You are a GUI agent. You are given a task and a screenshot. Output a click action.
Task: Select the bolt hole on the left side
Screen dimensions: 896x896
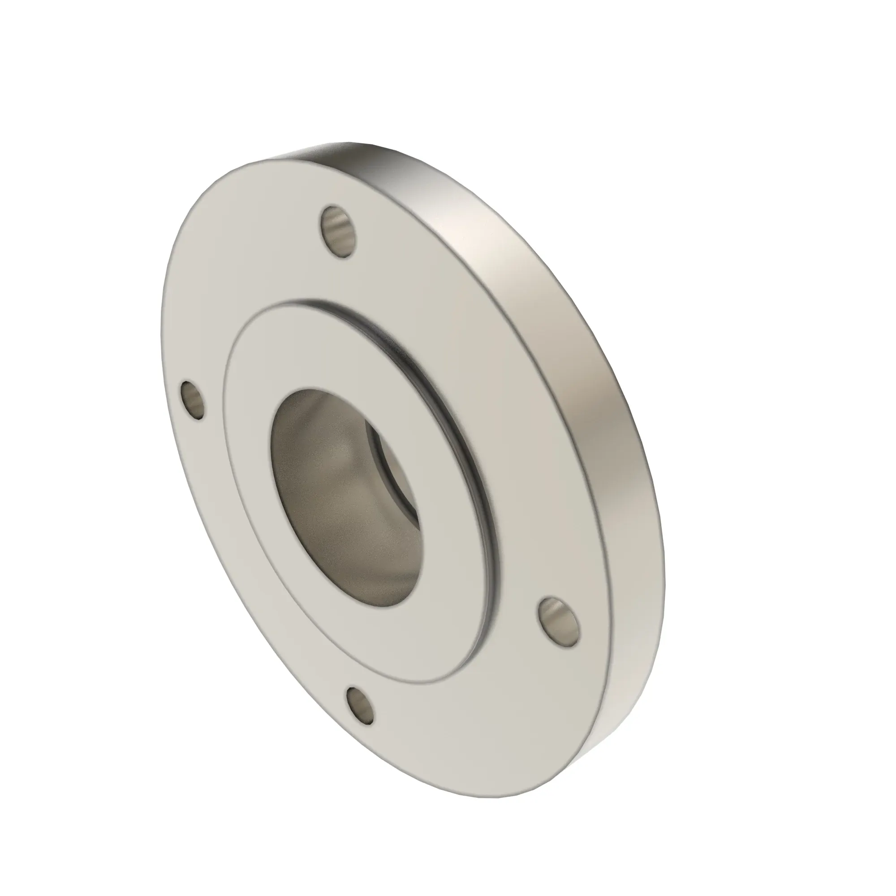tap(193, 400)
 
